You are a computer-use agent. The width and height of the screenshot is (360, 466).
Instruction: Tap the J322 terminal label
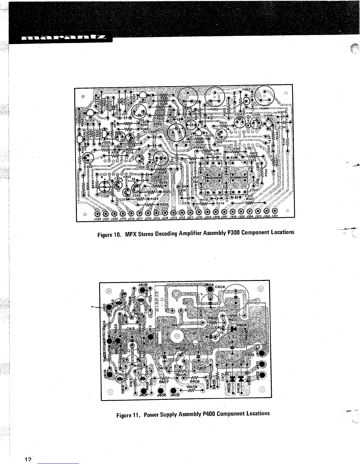(x=97, y=219)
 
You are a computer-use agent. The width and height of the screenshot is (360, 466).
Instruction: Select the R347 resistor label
(x=249, y=199)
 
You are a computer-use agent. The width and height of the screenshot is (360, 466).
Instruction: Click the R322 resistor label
(x=164, y=204)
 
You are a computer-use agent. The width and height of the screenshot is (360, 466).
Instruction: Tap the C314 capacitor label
(x=220, y=203)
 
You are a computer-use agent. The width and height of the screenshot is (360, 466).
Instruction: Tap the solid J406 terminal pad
(x=161, y=391)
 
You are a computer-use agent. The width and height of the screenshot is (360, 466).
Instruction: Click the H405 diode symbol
(x=233, y=379)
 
